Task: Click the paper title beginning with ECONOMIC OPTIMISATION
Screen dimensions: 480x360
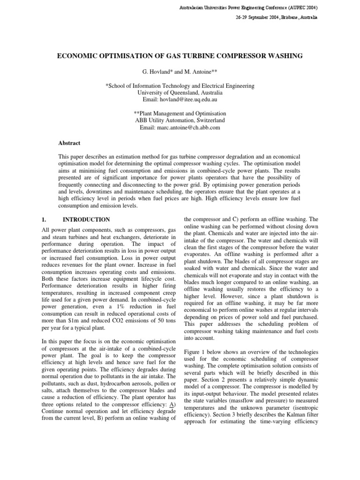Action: pos(180,56)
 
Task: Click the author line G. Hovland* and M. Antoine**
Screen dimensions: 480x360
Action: pos(180,73)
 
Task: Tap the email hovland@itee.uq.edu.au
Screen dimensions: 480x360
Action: pos(180,100)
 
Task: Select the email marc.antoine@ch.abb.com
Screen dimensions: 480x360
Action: pos(180,127)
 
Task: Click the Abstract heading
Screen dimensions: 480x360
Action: pos(69,143)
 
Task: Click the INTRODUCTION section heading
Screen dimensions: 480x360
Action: pos(87,219)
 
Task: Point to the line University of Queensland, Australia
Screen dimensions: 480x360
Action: pos(180,93)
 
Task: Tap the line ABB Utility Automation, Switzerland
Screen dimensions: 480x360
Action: pos(180,120)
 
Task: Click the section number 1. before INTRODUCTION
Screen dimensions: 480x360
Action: pos(44,219)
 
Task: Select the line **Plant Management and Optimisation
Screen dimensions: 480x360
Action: pos(180,113)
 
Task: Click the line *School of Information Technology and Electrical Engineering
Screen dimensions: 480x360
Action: pos(180,86)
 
